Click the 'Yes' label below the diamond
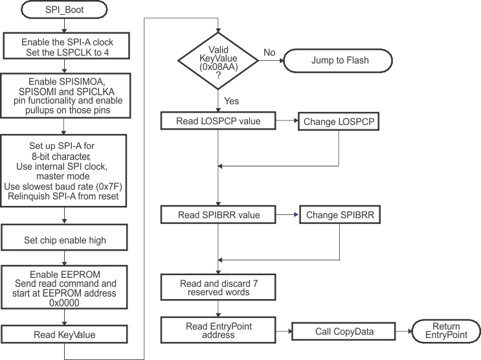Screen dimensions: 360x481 [231, 100]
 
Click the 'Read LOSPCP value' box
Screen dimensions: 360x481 [219, 121]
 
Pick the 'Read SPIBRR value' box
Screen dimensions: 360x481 [219, 214]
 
